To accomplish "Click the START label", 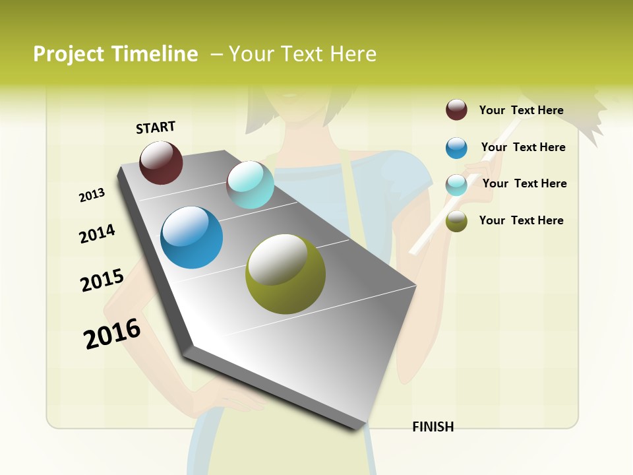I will pyautogui.click(x=156, y=127).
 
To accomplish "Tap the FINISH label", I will pyautogui.click(x=433, y=427).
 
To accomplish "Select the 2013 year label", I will pyautogui.click(x=92, y=195).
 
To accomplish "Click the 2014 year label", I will pyautogui.click(x=97, y=234).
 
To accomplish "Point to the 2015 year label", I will pyautogui.click(x=102, y=280).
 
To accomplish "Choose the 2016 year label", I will pyautogui.click(x=112, y=333).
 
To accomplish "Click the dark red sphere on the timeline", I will pyautogui.click(x=161, y=162).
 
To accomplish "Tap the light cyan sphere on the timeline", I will pyautogui.click(x=250, y=185).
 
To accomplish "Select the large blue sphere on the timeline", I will pyautogui.click(x=191, y=237).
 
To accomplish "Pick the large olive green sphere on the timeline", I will pyautogui.click(x=286, y=273).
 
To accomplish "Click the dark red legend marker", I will pyautogui.click(x=456, y=110).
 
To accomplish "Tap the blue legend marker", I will pyautogui.click(x=456, y=148).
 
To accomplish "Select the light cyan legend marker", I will pyautogui.click(x=456, y=185).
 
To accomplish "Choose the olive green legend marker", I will pyautogui.click(x=456, y=222).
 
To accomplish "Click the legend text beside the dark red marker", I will pyautogui.click(x=521, y=110).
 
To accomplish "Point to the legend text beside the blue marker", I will pyautogui.click(x=523, y=147).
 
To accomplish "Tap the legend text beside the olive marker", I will pyautogui.click(x=521, y=220).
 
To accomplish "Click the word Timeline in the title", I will pyautogui.click(x=154, y=54).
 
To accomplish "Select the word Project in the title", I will pyautogui.click(x=69, y=54).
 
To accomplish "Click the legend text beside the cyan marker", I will pyautogui.click(x=524, y=183).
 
